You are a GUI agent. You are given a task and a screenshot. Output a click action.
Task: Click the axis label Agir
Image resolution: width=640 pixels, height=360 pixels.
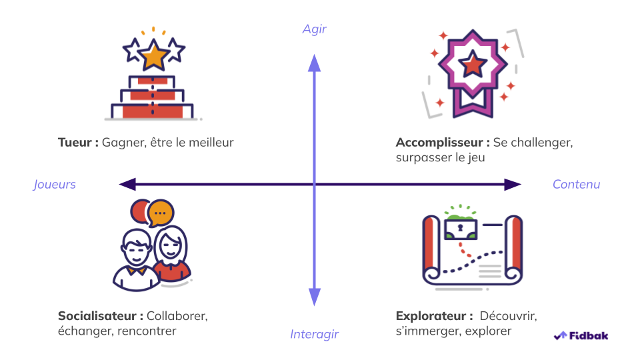315,29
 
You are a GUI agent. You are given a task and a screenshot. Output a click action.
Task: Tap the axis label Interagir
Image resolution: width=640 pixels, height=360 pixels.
315,334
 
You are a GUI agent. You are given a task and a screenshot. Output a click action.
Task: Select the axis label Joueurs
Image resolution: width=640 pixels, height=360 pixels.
55,185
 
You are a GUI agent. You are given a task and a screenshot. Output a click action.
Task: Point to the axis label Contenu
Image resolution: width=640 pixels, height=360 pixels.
576,185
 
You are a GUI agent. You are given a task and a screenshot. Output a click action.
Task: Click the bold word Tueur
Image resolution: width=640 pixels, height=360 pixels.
75,142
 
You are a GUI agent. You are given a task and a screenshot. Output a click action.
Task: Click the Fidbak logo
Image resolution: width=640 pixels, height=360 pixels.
581,335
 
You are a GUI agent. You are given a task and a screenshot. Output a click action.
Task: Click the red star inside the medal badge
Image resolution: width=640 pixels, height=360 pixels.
473,65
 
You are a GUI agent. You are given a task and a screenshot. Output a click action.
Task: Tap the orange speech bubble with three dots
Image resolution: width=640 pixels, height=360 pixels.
160,213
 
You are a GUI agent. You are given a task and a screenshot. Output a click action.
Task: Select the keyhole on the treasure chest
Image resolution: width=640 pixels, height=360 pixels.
459,228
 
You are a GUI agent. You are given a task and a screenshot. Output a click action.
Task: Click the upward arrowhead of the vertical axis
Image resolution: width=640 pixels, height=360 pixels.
315,61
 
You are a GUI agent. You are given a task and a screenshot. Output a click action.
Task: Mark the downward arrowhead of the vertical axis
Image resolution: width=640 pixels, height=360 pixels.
315,297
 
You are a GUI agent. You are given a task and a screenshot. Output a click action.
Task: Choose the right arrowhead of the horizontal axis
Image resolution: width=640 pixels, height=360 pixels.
513,185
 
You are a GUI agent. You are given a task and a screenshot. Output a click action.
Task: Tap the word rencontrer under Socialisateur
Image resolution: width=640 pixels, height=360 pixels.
147,331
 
